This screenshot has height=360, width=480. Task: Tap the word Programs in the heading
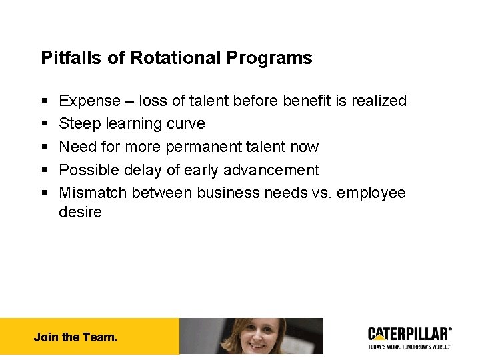click(x=269, y=58)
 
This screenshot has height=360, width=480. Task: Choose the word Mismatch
click(x=93, y=193)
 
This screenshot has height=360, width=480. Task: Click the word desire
click(x=80, y=213)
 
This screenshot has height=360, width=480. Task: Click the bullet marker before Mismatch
click(x=44, y=193)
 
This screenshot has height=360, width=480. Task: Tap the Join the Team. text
click(x=75, y=337)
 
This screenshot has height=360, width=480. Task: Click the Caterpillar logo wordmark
click(x=408, y=333)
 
